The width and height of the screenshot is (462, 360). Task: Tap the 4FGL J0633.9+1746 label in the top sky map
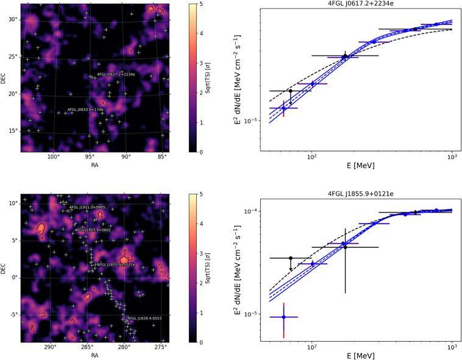(x=85, y=110)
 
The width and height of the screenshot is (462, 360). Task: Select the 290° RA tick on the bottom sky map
(x=51, y=348)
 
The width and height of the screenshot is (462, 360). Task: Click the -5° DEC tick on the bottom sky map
(x=13, y=315)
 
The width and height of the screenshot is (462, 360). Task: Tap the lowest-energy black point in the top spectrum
(x=290, y=91)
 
